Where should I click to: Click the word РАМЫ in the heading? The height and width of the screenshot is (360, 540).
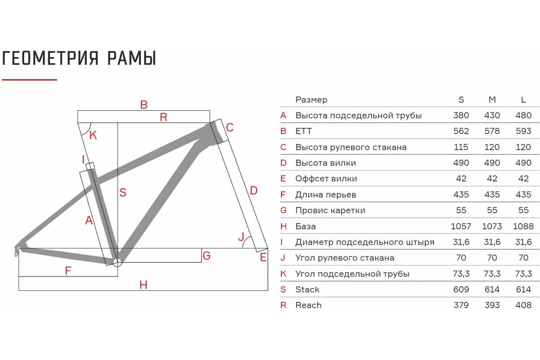tap(131, 58)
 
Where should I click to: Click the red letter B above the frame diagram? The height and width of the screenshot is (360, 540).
tap(144, 105)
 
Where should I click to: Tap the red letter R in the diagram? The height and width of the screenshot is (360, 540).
tap(163, 117)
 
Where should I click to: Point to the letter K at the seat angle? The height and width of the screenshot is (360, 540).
tap(93, 135)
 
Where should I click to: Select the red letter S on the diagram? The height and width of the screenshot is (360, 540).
tap(123, 193)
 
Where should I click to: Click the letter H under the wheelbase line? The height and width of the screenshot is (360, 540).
tap(144, 285)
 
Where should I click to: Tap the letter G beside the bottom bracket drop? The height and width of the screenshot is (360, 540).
tap(207, 256)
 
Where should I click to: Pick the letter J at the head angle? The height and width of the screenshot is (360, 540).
tap(241, 237)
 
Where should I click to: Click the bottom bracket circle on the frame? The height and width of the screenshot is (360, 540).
tap(117, 263)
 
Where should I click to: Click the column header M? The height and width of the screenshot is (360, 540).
tap(492, 99)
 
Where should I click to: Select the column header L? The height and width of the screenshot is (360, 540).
tap(523, 99)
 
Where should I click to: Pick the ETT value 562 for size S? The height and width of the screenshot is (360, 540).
tap(461, 131)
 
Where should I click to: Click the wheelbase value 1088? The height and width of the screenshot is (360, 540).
tap(523, 226)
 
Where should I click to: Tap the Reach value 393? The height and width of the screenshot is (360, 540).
tap(492, 305)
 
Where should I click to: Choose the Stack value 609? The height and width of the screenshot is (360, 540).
tap(461, 289)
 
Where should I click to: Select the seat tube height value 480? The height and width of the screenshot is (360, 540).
tap(523, 115)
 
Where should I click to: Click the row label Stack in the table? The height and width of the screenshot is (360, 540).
tap(307, 289)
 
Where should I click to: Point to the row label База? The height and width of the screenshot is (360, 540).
tap(306, 226)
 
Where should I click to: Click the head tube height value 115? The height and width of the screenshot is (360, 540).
tap(461, 147)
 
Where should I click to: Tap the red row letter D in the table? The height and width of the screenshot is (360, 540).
tap(283, 163)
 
